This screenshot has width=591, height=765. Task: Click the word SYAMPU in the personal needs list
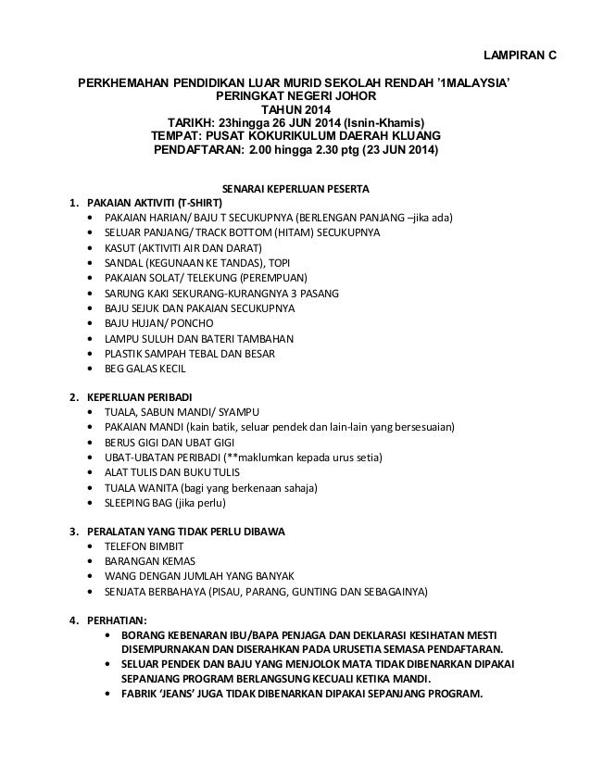coord(213,412)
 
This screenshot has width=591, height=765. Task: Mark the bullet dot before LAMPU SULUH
coord(88,338)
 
